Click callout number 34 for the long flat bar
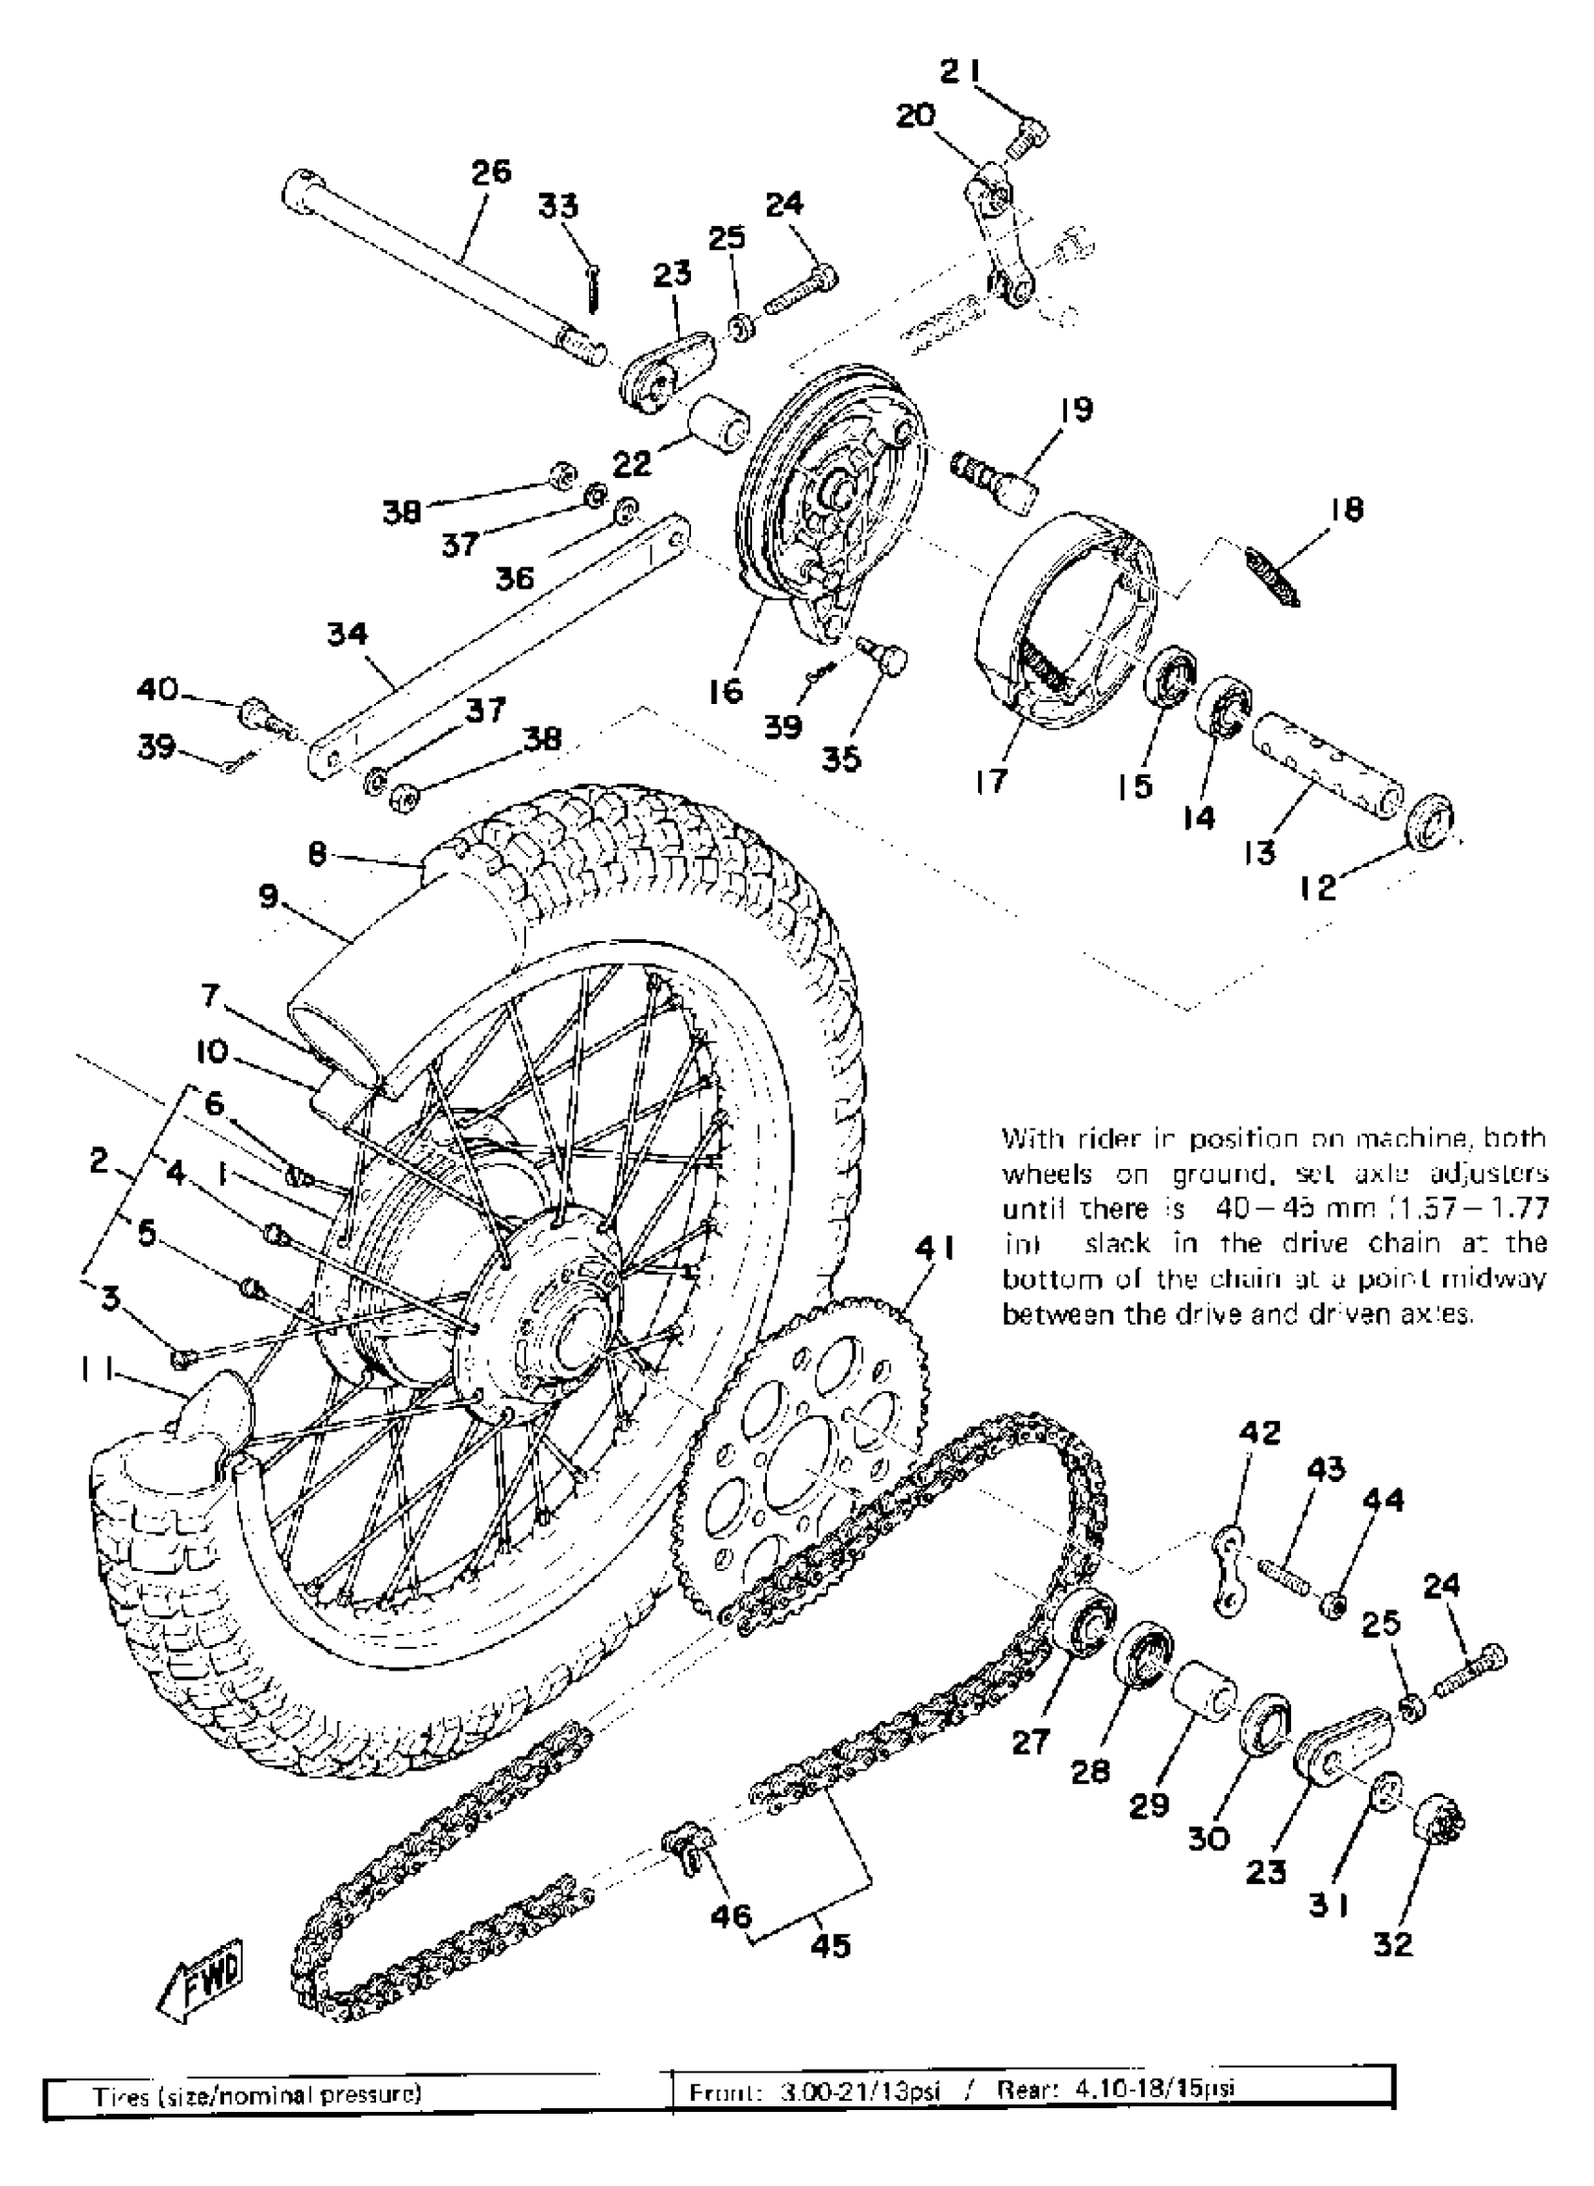coord(347,634)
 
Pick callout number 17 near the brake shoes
coord(989,782)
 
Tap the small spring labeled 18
coord(1271,575)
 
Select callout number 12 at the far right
coord(1318,888)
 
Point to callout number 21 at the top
coord(960,70)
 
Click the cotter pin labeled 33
coord(594,288)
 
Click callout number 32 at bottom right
coord(1392,1944)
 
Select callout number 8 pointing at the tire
coord(319,854)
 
